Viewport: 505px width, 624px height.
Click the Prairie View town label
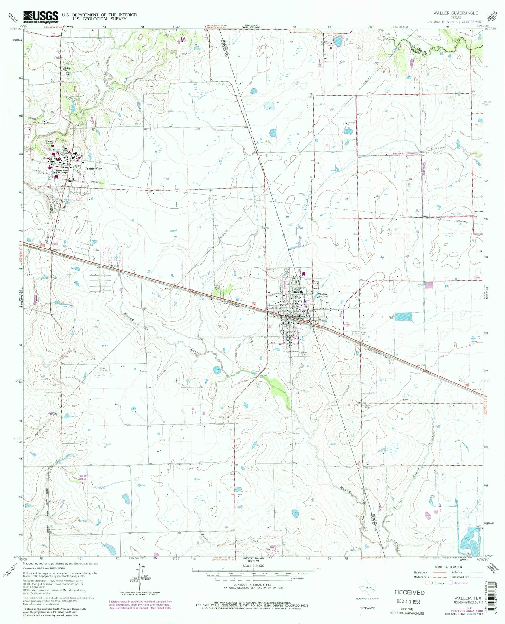94,168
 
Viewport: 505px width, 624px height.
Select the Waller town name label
323,294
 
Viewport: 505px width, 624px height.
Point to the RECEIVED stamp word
409,592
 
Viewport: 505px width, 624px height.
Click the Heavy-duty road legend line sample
439,572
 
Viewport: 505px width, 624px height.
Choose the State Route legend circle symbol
452,583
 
